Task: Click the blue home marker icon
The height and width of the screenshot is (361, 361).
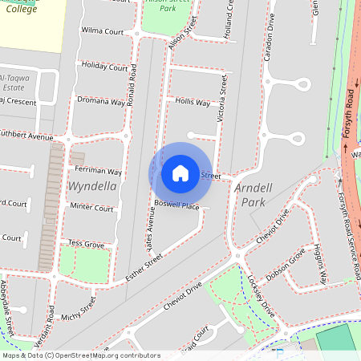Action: (180, 172)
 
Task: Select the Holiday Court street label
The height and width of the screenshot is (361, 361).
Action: (104, 66)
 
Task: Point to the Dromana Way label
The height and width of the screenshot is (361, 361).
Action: (101, 102)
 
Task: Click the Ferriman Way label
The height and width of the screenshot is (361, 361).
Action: (98, 172)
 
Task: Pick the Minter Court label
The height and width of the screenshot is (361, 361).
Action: (91, 207)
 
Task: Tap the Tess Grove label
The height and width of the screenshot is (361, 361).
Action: (87, 243)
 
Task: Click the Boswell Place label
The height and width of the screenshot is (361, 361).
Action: (176, 206)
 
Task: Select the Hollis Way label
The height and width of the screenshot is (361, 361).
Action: (193, 103)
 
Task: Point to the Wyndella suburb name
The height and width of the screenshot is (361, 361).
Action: (92, 186)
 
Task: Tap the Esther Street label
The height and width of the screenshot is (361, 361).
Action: (144, 268)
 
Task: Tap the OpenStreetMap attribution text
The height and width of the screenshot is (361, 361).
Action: (80, 355)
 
